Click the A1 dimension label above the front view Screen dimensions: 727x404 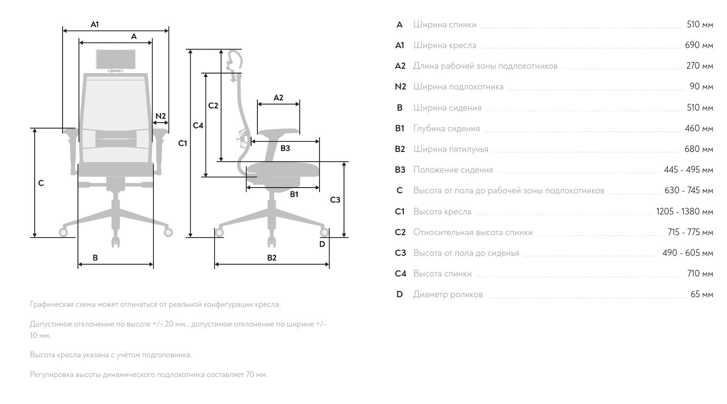(94, 25)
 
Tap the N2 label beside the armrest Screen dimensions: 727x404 (161, 116)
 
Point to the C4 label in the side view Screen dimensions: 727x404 (198, 126)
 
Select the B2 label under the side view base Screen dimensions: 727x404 (272, 258)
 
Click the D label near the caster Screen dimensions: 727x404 (322, 244)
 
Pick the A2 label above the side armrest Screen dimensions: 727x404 (279, 98)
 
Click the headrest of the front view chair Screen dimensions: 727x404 (116, 59)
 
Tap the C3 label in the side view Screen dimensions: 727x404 (335, 200)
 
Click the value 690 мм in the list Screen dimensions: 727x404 (699, 45)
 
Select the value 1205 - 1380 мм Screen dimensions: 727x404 (685, 212)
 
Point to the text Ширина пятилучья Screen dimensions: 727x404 (451, 149)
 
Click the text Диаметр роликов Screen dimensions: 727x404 (448, 295)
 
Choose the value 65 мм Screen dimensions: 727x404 (702, 294)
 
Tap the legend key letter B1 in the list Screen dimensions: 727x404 (399, 128)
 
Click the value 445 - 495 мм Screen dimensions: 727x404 (689, 170)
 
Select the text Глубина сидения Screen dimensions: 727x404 (446, 128)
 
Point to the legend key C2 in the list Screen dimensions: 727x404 (400, 232)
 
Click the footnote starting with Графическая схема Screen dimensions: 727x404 (155, 304)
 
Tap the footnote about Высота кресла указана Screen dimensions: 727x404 (111, 354)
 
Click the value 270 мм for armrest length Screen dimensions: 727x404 (700, 66)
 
